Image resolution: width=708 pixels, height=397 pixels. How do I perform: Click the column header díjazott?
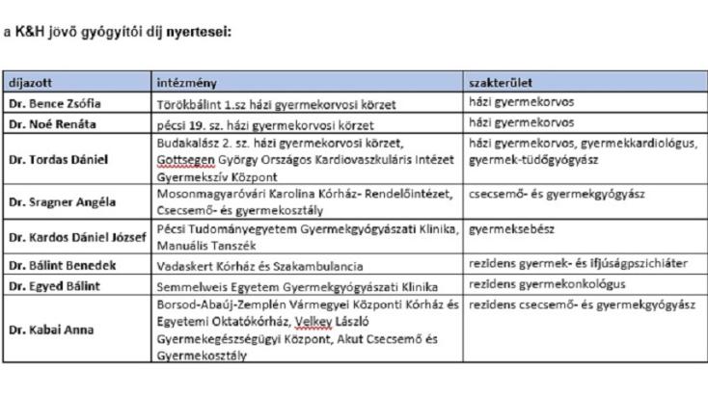[31, 83]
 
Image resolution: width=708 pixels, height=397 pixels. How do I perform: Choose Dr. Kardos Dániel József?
[76, 237]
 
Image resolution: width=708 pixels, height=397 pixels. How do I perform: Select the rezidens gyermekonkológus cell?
[545, 285]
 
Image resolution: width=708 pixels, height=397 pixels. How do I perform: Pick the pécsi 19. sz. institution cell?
[267, 124]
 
